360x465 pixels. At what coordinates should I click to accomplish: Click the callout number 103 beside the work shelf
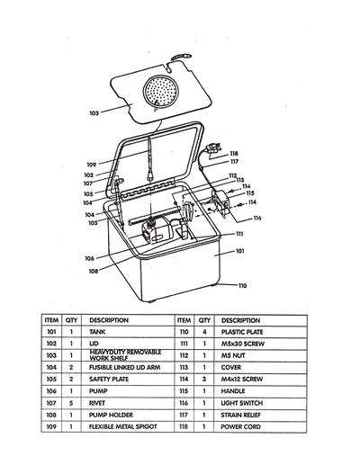click(94, 113)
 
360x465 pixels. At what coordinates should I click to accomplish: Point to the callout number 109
click(93, 165)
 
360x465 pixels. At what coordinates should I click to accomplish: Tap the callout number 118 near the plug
click(234, 153)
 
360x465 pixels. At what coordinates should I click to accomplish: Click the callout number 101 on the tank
click(240, 252)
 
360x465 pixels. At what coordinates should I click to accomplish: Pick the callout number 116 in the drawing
click(257, 219)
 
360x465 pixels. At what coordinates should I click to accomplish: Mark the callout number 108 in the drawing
click(94, 269)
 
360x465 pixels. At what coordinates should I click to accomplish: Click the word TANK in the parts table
click(99, 332)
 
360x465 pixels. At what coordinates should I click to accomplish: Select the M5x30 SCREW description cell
click(243, 344)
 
